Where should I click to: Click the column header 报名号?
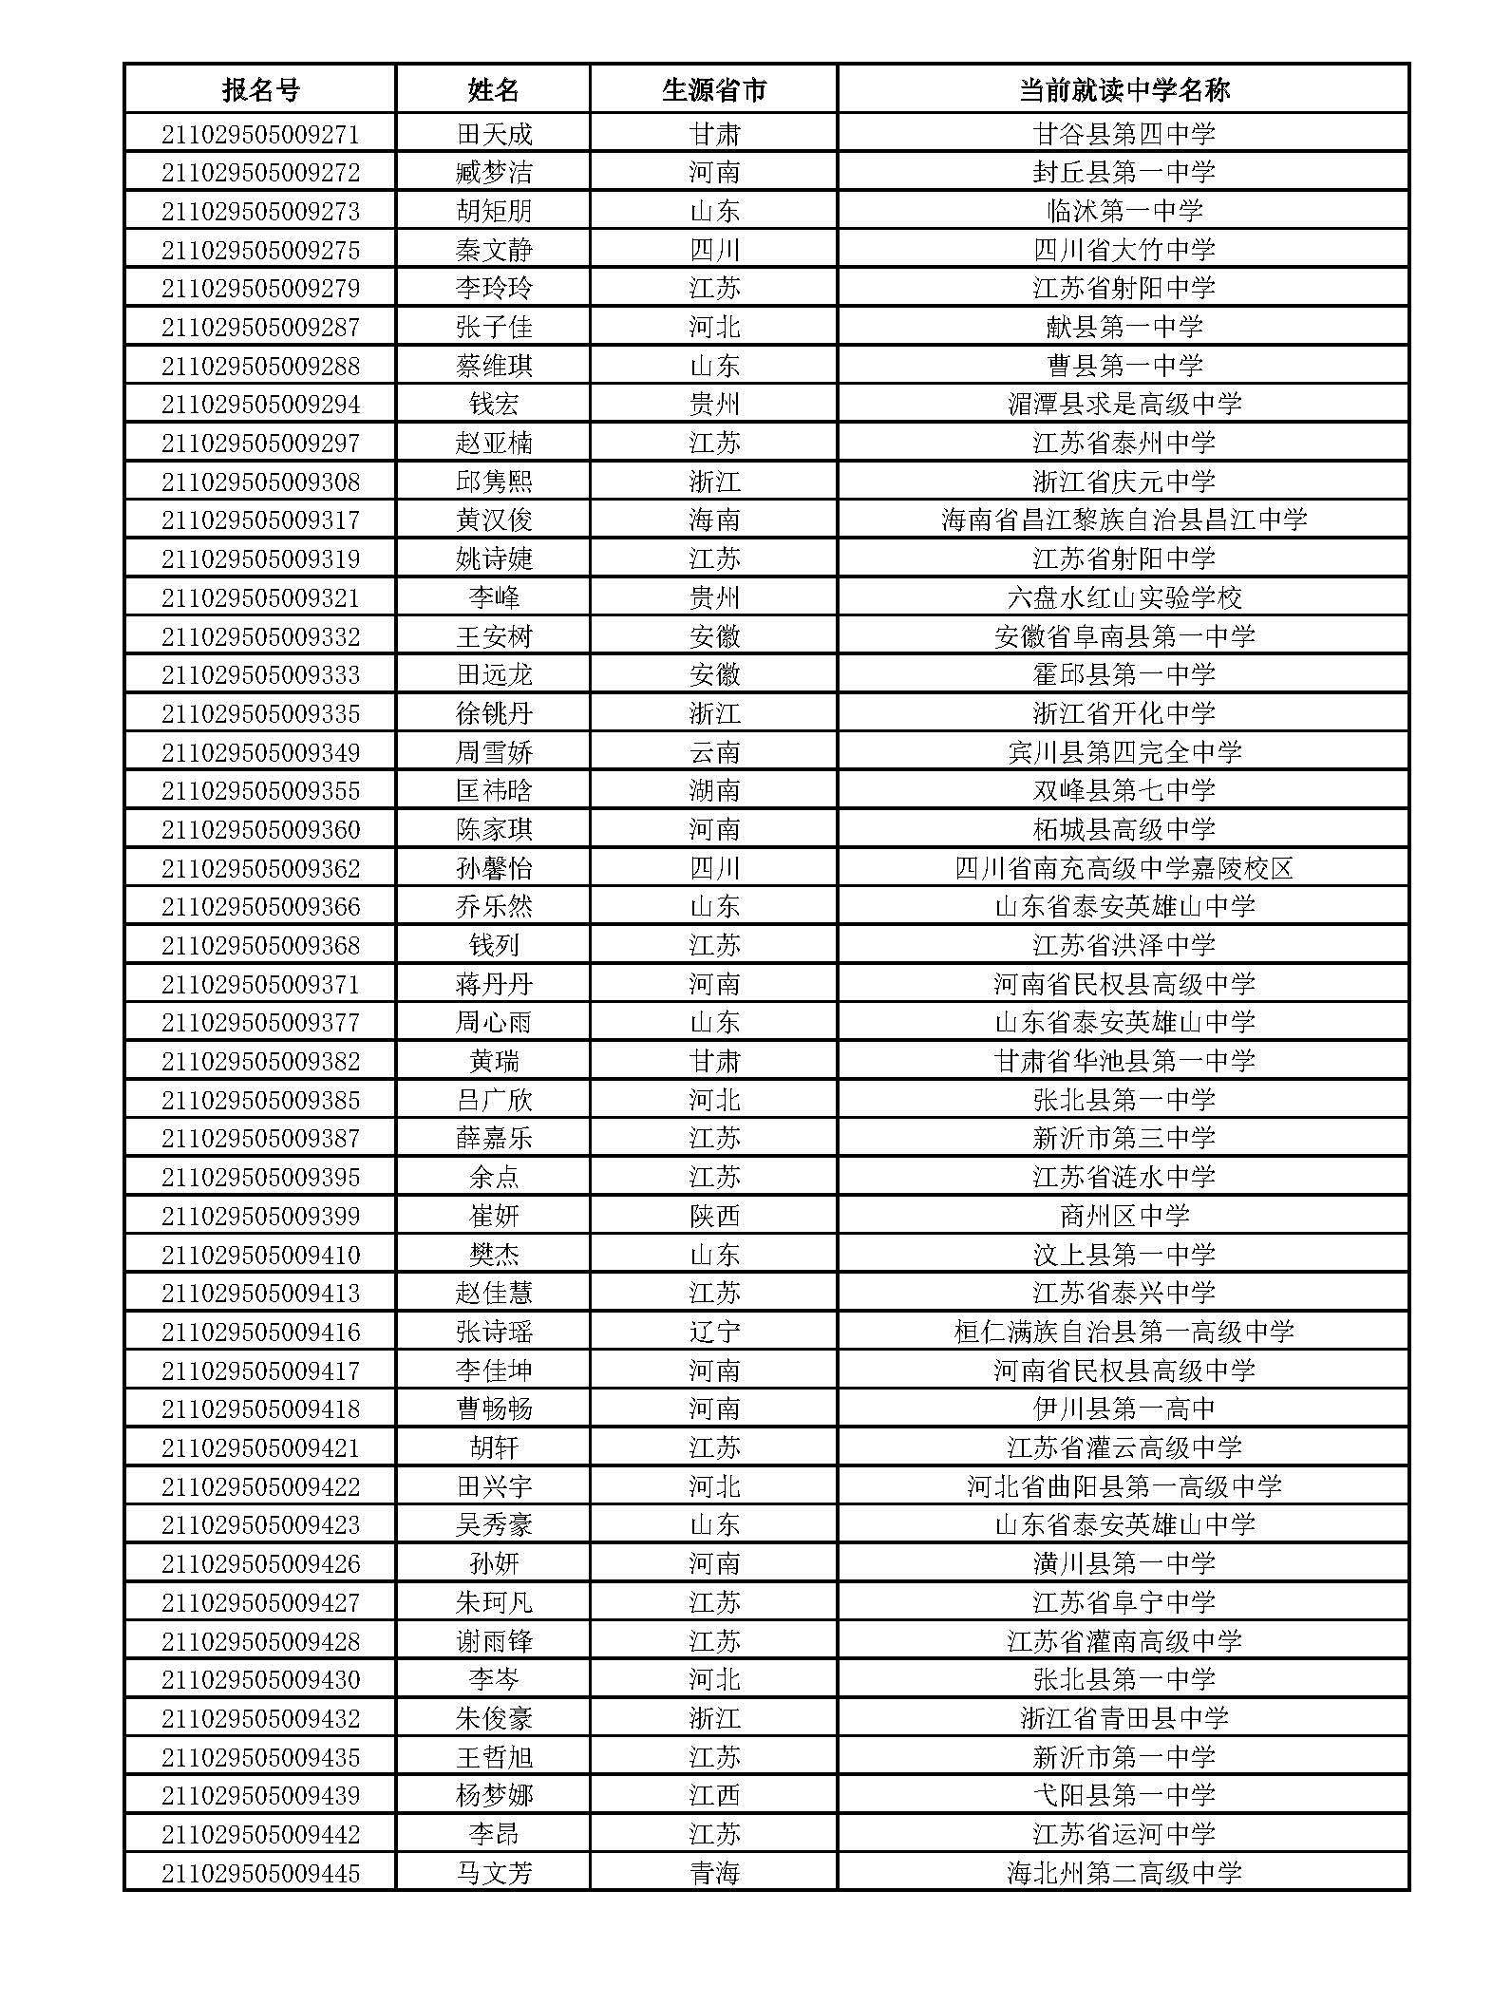pyautogui.click(x=260, y=89)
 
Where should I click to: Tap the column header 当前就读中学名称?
pyautogui.click(x=1124, y=89)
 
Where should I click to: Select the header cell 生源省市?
pyautogui.click(x=714, y=89)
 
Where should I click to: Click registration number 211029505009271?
pyautogui.click(x=260, y=134)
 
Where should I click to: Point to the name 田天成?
pyautogui.click(x=494, y=134)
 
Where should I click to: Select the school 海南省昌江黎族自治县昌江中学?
pyautogui.click(x=1124, y=520)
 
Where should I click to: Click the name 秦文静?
pyautogui.click(x=494, y=250)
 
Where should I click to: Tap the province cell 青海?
pyautogui.click(x=714, y=1873)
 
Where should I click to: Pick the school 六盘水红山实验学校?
pyautogui.click(x=1124, y=597)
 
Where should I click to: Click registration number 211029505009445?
pyautogui.click(x=260, y=1873)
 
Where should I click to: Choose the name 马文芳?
pyautogui.click(x=494, y=1873)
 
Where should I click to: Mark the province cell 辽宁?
pyautogui.click(x=714, y=1332)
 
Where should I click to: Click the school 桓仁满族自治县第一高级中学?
pyautogui.click(x=1124, y=1332)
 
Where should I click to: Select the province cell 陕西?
pyautogui.click(x=714, y=1216)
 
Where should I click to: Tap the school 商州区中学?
pyautogui.click(x=1124, y=1216)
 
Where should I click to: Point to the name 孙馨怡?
pyautogui.click(x=494, y=868)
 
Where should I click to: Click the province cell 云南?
pyautogui.click(x=714, y=752)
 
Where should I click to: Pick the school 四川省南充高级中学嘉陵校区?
pyautogui.click(x=1124, y=868)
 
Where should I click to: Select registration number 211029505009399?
pyautogui.click(x=260, y=1216)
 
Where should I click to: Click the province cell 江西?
pyautogui.click(x=714, y=1795)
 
